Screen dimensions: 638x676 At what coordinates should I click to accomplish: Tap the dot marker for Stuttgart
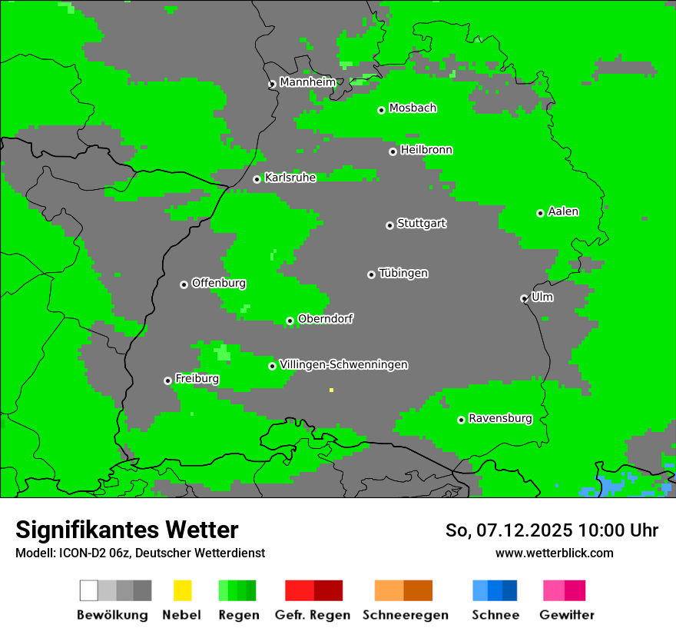pos(389,225)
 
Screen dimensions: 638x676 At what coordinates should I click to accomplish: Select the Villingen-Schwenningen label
pos(343,364)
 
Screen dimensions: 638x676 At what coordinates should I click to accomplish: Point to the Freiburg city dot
pos(167,380)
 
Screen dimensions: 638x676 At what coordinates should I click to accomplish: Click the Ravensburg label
pos(500,419)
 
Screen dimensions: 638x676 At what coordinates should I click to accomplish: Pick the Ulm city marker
pos(524,298)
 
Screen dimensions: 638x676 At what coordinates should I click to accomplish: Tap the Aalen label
pos(563,211)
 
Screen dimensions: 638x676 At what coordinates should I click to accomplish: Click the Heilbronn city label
pos(426,150)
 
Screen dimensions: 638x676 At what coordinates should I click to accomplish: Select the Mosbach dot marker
pos(381,110)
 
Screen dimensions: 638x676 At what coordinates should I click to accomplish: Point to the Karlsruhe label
pos(290,178)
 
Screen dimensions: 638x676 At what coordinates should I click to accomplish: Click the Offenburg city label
pos(218,283)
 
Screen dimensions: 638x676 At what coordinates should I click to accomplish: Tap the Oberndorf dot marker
pos(290,321)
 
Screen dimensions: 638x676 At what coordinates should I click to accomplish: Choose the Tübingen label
pos(403,273)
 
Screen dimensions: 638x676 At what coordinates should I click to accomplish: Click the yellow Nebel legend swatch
pos(182,590)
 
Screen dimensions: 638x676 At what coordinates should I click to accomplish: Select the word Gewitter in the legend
pos(566,615)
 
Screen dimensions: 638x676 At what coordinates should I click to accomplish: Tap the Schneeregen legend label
pos(405,615)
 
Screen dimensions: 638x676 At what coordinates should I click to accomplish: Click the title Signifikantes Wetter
pos(127,530)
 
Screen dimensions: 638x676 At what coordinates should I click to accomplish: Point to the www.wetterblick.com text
pos(554,553)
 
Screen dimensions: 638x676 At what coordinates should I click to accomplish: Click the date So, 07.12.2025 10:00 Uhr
pos(552,530)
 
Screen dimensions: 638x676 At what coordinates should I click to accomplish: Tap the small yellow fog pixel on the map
pos(331,390)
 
